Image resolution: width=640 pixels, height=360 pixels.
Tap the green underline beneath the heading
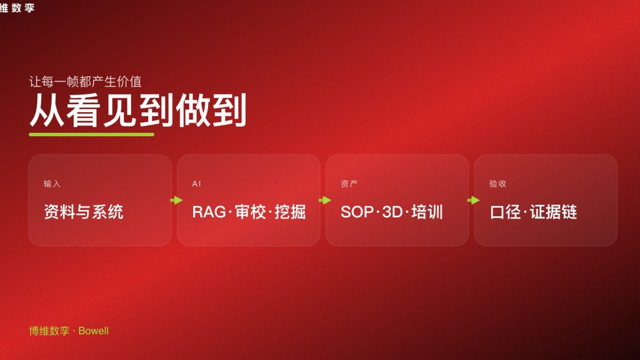pos(91,134)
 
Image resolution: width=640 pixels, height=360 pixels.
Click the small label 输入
pos(52,184)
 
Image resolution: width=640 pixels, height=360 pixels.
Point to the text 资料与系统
pos(83,212)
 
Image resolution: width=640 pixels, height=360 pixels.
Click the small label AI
pos(196,184)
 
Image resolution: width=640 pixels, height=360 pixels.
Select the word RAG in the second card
pos(209,212)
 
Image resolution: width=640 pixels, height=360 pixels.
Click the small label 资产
pos(349,184)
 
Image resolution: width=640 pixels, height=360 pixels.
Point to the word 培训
pos(427,212)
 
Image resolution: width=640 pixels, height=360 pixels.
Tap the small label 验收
pos(497,184)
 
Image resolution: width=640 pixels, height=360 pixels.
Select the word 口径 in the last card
pos(506,212)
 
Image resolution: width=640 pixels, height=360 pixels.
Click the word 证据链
pos(553,212)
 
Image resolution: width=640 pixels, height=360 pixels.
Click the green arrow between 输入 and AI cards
pos(176,200)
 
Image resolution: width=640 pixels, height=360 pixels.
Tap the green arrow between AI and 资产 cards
pos(324,200)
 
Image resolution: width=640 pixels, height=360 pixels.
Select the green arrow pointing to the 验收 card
pos(473,200)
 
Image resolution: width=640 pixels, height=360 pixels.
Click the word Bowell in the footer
pos(93,331)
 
